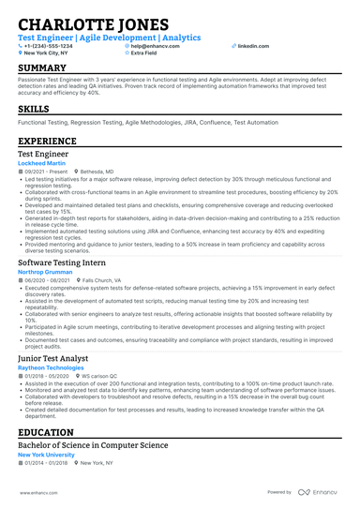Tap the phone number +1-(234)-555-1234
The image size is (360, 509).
click(48, 45)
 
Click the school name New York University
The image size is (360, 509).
click(47, 455)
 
